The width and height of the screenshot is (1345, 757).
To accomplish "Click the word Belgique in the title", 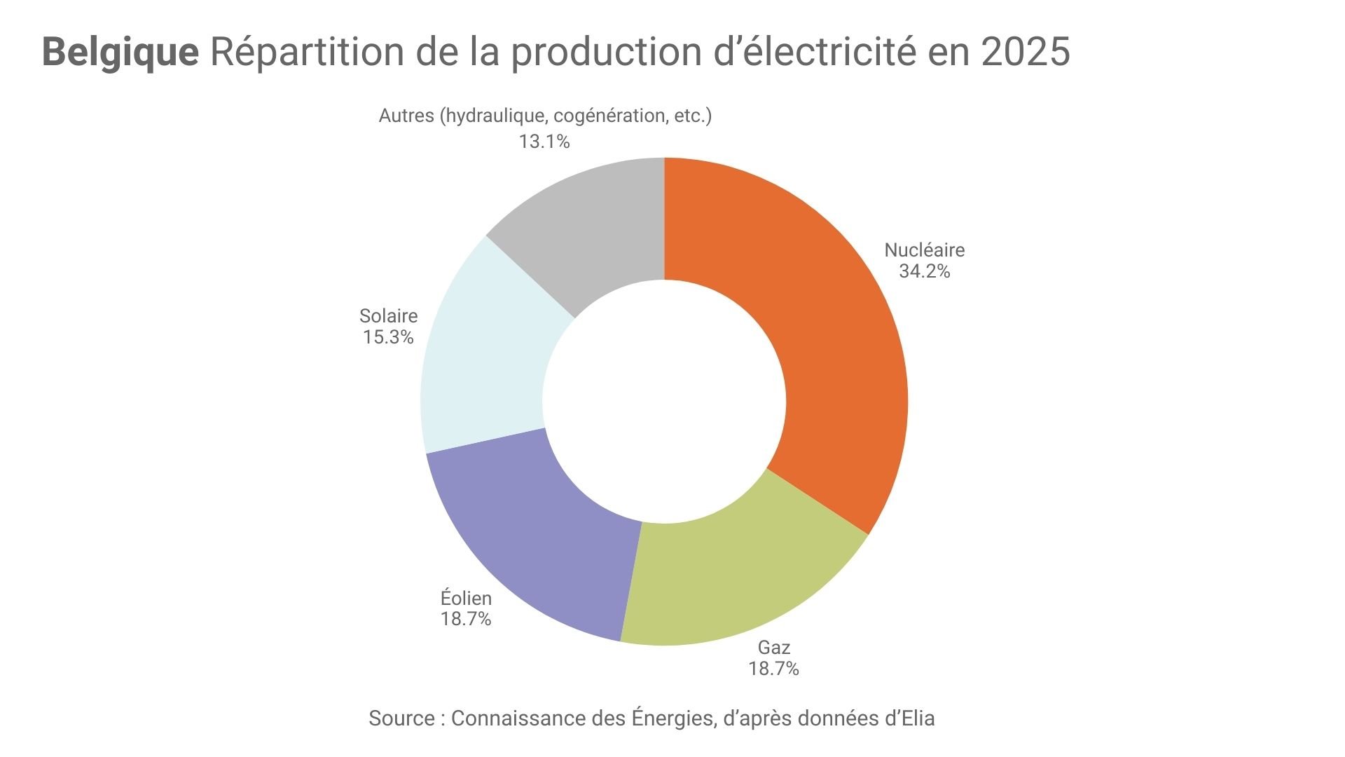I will [x=120, y=52].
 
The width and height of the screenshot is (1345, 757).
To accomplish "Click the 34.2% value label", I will [x=924, y=271].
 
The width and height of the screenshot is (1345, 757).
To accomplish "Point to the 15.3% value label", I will [x=388, y=337].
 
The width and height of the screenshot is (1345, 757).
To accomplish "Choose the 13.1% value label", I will [x=544, y=142].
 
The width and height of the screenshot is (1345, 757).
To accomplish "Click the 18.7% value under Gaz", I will [x=773, y=669].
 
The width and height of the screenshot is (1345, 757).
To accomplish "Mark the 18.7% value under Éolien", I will [x=466, y=619].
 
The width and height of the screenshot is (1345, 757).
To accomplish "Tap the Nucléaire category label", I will [x=924, y=250].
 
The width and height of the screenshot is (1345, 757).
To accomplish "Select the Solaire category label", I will [x=388, y=316].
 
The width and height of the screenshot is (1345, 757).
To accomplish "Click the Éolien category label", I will [x=466, y=598].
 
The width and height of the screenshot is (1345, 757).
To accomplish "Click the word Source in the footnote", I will [x=401, y=718].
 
